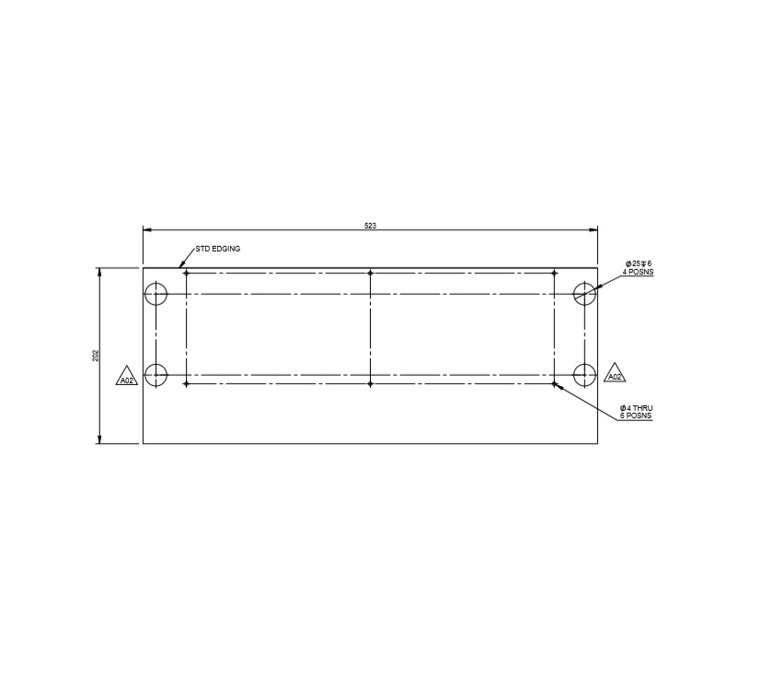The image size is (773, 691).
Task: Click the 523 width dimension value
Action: (x=370, y=226)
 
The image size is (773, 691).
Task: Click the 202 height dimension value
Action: (x=96, y=356)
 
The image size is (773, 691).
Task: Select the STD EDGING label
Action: (x=218, y=249)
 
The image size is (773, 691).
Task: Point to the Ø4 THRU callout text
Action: (x=637, y=407)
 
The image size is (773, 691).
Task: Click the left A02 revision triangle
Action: (x=127, y=378)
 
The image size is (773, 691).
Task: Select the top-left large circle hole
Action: (x=156, y=294)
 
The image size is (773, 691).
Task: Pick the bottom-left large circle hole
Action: (x=156, y=375)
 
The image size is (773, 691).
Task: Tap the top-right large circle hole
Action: (x=584, y=294)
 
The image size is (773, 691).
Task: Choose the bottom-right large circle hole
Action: (x=584, y=375)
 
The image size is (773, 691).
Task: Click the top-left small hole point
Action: (x=186, y=273)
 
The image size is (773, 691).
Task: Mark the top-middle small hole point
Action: (x=370, y=273)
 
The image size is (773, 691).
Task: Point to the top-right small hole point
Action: (x=554, y=273)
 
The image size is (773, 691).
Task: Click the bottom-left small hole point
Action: (x=186, y=383)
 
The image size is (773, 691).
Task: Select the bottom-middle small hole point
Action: (x=370, y=383)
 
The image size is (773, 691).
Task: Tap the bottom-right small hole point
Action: (x=554, y=383)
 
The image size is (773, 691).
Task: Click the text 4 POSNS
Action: (x=640, y=273)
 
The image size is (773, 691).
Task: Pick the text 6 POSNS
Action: (x=637, y=416)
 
